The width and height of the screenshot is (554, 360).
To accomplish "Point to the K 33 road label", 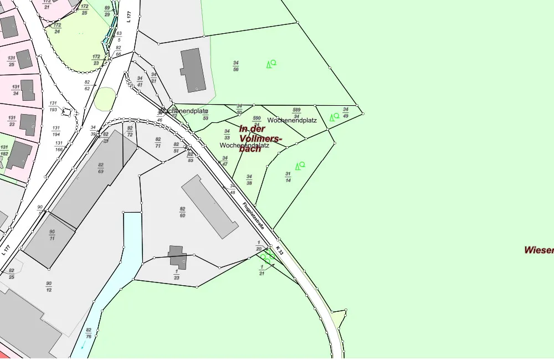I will [279, 250].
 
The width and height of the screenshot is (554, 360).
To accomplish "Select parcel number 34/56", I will [236, 66].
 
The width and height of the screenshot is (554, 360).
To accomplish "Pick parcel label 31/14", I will [288, 177].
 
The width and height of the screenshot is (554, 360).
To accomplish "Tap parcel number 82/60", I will [182, 212].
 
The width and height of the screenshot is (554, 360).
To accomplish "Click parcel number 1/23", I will [177, 274].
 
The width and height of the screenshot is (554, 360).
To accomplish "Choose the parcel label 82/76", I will [89, 333].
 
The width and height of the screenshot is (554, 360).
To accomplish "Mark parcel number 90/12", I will [49, 286].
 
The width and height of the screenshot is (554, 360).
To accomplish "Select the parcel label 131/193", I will [53, 106].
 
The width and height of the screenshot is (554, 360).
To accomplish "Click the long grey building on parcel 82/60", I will [210, 207].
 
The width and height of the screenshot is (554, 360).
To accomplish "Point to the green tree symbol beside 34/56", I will [271, 64].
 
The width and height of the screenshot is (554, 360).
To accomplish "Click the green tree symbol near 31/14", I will [300, 165].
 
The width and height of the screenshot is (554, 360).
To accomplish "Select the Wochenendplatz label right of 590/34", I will [292, 120].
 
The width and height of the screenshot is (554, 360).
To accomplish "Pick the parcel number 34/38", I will [249, 179].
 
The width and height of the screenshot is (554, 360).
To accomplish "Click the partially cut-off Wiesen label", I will [539, 250].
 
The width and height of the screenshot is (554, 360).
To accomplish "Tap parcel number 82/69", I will [101, 168].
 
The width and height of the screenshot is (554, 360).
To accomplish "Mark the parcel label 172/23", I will [96, 60].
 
